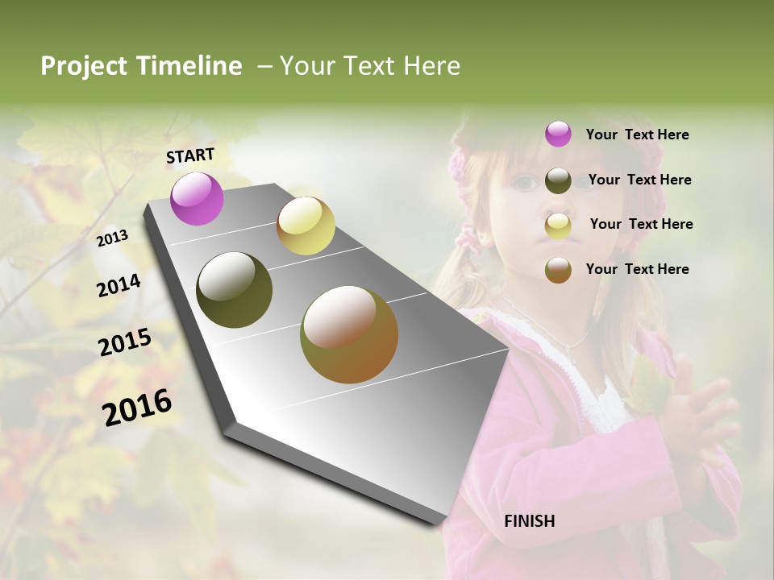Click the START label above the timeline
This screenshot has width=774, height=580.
pos(190,155)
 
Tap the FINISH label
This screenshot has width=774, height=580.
pos(529,521)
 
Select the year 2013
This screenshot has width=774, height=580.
pos(112,238)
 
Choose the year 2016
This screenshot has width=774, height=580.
pos(137,406)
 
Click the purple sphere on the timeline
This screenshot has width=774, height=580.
pos(197,198)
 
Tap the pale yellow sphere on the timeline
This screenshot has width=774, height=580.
pos(306,226)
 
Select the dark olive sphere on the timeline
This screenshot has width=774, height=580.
pos(235,290)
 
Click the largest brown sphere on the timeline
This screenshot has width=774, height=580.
pos(349,334)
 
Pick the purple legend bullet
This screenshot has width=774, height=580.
pos(558,135)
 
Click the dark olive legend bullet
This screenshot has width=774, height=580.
pos(558,180)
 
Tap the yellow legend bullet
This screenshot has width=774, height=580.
pos(558,226)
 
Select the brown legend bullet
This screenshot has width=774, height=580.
pos(558,270)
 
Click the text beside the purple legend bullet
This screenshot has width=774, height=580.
pos(637,135)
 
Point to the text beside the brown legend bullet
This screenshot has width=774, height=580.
pos(637,269)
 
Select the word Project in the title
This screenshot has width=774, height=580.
pos(82,66)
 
